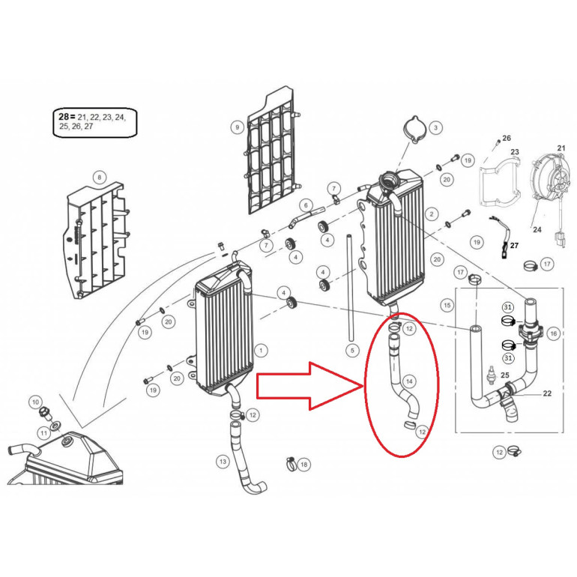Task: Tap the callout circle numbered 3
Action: coord(435,128)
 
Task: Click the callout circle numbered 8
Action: coord(98,178)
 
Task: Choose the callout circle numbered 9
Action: coord(237,127)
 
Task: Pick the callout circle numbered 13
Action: coord(223,462)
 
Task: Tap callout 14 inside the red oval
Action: coord(408,381)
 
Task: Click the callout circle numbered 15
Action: coord(447,306)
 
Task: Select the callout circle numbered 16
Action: coord(554,333)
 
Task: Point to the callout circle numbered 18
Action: coord(303,465)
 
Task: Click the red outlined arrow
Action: coord(309,386)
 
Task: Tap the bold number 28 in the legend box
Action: coord(66,117)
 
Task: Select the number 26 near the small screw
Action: coord(507,139)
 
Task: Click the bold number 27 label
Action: coord(514,246)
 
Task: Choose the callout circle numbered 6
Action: coord(306,205)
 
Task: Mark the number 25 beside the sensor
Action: coord(505,375)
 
